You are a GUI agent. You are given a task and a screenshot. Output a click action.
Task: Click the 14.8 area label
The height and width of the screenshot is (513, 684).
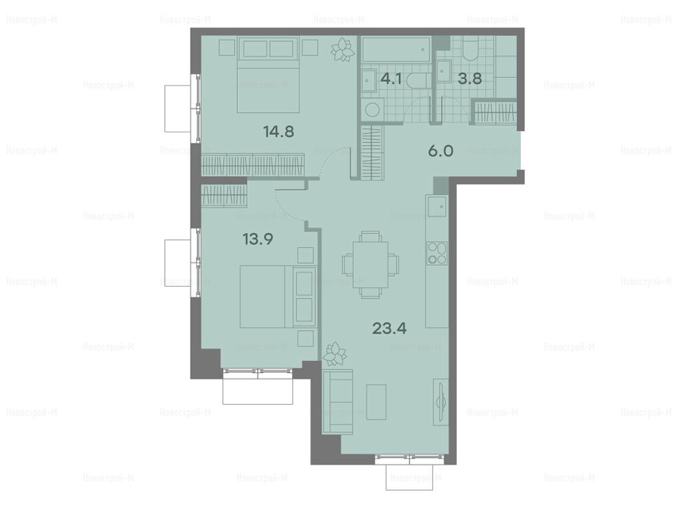click(x=279, y=131)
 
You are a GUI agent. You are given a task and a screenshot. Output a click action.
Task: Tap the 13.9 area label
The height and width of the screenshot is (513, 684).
click(x=258, y=239)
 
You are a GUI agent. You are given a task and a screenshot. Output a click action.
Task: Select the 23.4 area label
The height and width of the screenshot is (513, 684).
click(x=389, y=327)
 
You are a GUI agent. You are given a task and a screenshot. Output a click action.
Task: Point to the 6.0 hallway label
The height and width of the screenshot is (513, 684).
click(x=441, y=152)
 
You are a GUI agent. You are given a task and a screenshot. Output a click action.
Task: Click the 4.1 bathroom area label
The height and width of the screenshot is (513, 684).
click(x=391, y=79)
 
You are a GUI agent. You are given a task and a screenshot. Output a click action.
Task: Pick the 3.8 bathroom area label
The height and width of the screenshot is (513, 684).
click(x=470, y=79)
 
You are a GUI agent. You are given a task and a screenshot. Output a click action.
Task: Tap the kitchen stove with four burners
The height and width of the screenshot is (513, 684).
click(x=437, y=253)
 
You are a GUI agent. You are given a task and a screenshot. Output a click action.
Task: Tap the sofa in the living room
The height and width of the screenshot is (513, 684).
click(x=337, y=401)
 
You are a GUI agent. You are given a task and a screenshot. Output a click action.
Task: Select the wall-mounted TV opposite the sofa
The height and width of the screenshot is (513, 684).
click(x=440, y=401)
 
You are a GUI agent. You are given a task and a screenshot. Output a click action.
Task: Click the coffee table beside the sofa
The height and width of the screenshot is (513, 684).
click(x=377, y=401)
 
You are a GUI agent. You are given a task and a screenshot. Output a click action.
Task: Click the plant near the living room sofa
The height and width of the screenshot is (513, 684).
click(x=335, y=353)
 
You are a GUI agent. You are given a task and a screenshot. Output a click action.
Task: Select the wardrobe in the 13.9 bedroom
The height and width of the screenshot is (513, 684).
click(x=224, y=196)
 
